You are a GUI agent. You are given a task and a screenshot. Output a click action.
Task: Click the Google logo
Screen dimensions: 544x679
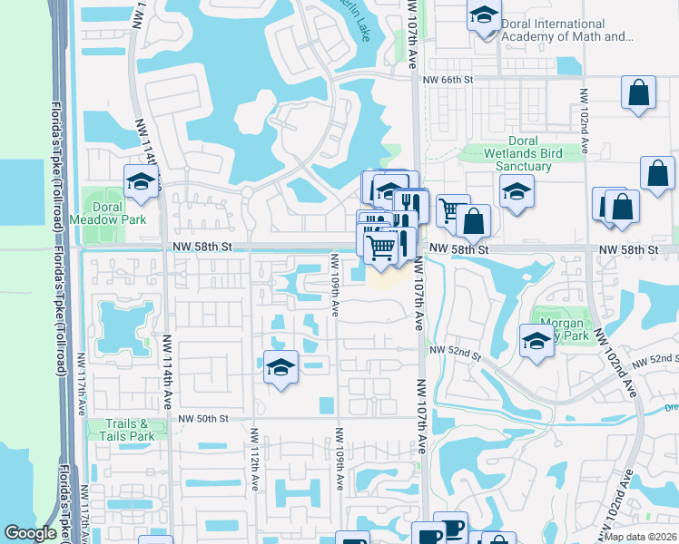tap(31, 533)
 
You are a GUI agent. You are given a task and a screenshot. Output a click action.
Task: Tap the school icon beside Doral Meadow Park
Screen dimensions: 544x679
tap(141, 182)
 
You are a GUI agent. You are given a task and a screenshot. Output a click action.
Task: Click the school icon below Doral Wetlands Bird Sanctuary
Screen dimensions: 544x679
tap(517, 191)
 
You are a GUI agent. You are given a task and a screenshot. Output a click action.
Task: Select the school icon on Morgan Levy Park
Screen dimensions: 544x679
tap(536, 341)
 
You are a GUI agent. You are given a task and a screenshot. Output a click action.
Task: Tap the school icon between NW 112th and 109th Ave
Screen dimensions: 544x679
tap(280, 367)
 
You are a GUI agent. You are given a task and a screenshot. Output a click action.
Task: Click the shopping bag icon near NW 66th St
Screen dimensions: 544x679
tap(639, 92)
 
